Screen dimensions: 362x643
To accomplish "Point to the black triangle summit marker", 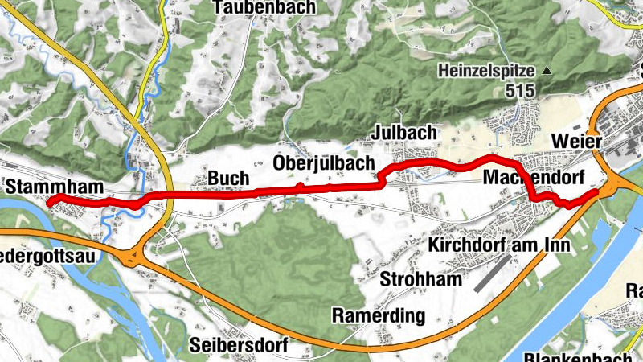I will [x=548, y=71].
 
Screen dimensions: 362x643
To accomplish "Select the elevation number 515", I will [x=521, y=91].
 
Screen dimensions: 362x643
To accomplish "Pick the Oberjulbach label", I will [x=324, y=162].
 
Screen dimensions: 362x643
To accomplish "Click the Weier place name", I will [x=577, y=142].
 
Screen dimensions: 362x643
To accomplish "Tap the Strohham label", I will [x=423, y=279].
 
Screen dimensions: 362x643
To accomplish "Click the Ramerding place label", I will [x=378, y=315].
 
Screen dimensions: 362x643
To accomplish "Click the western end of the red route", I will [x=50, y=202].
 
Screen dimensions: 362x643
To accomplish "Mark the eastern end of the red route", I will [x=596, y=192].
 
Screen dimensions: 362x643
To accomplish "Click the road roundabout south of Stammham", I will [x=133, y=257].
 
